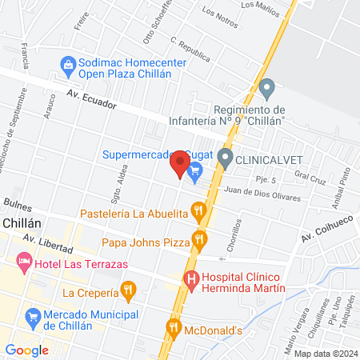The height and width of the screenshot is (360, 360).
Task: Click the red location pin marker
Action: pyautogui.click(x=178, y=166)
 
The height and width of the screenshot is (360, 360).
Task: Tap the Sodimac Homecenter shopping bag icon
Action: pyautogui.click(x=67, y=63)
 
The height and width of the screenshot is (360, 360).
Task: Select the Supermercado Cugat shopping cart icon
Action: pyautogui.click(x=194, y=170)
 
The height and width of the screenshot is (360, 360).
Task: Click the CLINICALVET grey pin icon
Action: pyautogui.click(x=226, y=159)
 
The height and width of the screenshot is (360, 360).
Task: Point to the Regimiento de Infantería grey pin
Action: pyautogui.click(x=268, y=86)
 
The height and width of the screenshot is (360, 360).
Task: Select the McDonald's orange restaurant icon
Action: pyautogui.click(x=173, y=327)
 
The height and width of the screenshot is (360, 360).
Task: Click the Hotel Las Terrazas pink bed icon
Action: pyautogui.click(x=25, y=262)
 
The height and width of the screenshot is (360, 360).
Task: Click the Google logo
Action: pyautogui.click(x=26, y=350)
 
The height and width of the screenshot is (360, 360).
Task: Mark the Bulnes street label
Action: pyautogui.click(x=16, y=204)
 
